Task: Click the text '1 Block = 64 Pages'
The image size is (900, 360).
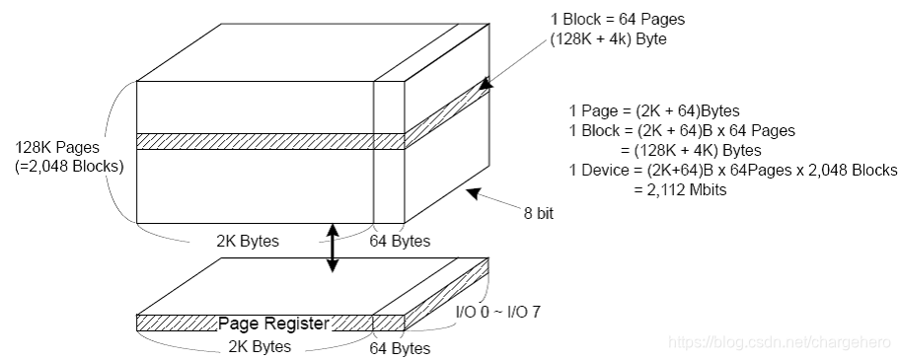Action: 618,20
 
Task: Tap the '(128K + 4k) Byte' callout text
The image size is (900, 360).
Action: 609,40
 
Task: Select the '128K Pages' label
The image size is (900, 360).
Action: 57,147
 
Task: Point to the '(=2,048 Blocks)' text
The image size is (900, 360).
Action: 69,168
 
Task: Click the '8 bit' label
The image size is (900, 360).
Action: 539,214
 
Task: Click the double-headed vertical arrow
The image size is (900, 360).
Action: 333,247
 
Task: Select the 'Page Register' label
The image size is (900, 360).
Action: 273,324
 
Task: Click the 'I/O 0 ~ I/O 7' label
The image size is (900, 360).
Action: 497,312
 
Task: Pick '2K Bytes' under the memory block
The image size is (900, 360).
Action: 248,241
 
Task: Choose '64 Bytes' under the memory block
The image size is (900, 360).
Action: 400,241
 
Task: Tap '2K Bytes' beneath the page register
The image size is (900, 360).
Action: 260,346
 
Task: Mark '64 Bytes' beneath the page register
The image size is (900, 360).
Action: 400,348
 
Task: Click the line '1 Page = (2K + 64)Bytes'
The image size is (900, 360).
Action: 654,110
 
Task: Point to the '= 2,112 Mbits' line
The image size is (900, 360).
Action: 680,189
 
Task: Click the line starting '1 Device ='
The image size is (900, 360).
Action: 733,170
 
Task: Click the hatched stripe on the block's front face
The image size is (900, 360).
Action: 269,141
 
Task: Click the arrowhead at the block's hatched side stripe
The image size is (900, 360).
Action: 486,83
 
